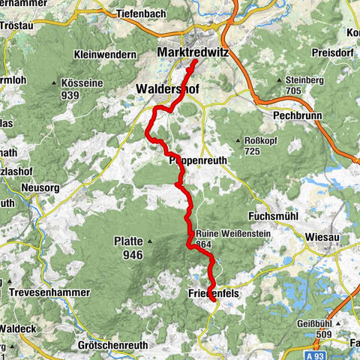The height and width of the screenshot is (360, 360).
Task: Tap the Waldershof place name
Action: coord(166,88)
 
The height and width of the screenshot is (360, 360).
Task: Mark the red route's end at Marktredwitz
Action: coord(194,63)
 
